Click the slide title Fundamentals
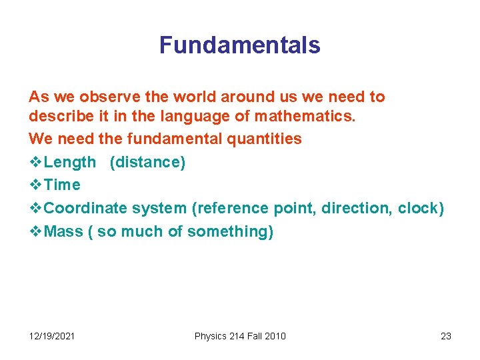click(239, 45)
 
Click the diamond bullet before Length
click(35, 162)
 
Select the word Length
click(70, 162)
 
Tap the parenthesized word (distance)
click(147, 162)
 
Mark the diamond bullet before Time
click(35, 185)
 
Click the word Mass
click(63, 231)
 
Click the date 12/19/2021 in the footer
click(52, 336)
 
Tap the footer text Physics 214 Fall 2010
click(240, 336)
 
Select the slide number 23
click(446, 336)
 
